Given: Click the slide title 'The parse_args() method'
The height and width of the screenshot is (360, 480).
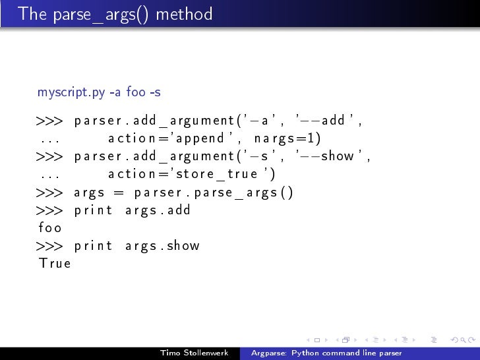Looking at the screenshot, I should click(x=115, y=14).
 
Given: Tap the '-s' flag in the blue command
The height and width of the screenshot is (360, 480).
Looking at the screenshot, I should click(x=155, y=92).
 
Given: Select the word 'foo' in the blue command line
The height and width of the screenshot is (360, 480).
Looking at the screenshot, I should click(x=135, y=92).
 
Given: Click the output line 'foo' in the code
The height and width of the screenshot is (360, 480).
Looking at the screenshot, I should click(x=50, y=228).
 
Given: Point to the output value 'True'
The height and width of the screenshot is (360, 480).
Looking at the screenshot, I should click(x=55, y=264).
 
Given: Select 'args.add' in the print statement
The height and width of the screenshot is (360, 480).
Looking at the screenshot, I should click(x=158, y=210).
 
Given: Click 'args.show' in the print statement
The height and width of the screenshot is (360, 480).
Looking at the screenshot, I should click(x=162, y=246).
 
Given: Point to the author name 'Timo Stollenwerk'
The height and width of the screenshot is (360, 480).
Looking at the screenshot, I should click(x=194, y=353).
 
